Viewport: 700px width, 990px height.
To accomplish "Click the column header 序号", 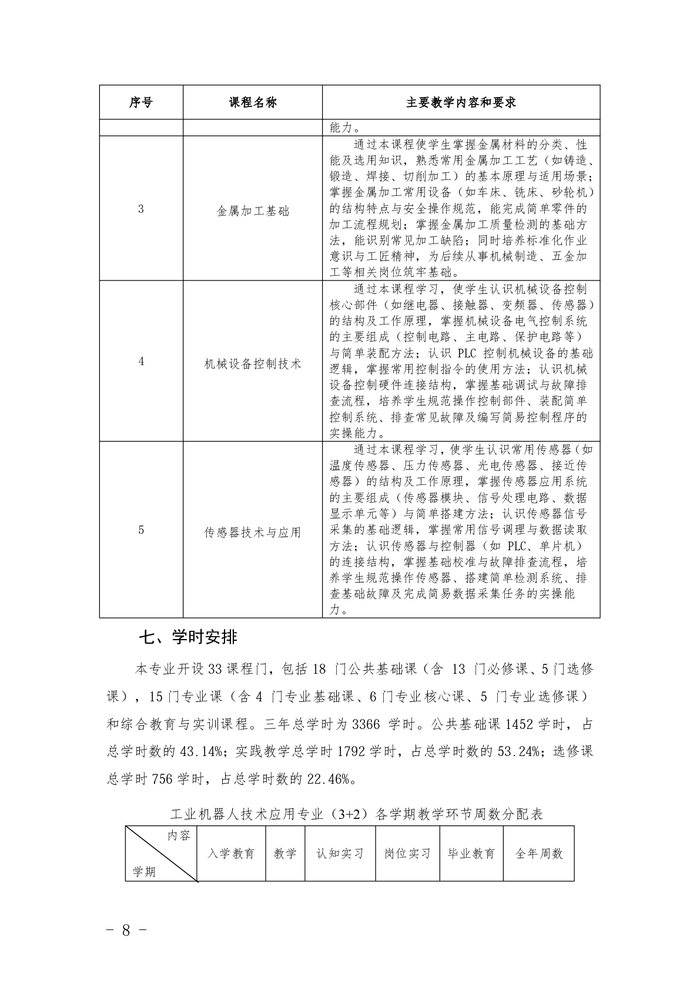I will (x=141, y=102).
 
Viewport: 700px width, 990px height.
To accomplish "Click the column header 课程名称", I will (x=253, y=102).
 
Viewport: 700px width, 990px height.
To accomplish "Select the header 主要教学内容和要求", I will (x=461, y=102).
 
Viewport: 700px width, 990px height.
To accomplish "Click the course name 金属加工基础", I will (x=253, y=211).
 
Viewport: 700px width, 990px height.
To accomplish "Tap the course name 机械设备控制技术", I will (x=253, y=363).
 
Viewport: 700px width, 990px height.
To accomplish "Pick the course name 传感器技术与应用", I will (x=253, y=533).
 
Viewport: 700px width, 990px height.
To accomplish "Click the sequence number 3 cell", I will (x=141, y=209).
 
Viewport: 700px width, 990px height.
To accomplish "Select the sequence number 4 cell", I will (x=141, y=362).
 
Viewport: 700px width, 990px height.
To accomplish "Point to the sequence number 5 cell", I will (x=141, y=530).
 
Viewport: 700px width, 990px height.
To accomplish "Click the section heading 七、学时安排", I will (x=188, y=637).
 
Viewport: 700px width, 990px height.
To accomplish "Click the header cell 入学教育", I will (x=232, y=854).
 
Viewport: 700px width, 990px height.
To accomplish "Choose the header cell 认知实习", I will (x=340, y=854).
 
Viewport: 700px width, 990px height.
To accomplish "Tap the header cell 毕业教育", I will (x=471, y=854).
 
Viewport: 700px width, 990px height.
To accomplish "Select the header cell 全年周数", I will (x=539, y=854).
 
